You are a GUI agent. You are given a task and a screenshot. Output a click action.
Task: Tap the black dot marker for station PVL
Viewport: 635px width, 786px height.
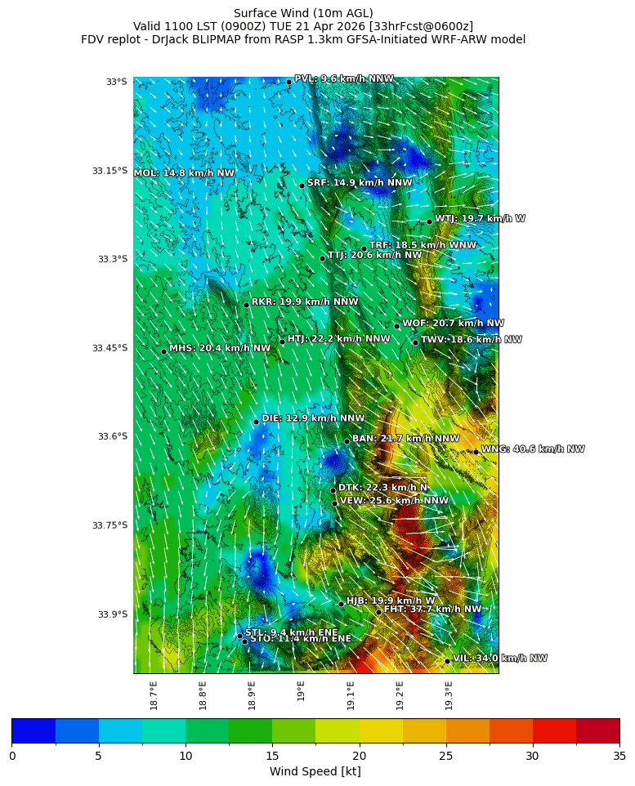(x=288, y=82)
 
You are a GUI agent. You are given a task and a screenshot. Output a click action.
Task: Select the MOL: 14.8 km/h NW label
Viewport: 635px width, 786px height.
(x=184, y=173)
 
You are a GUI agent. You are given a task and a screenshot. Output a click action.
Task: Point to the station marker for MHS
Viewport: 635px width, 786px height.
(x=163, y=351)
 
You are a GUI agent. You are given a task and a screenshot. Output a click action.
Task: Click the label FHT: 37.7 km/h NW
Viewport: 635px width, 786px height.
(x=432, y=610)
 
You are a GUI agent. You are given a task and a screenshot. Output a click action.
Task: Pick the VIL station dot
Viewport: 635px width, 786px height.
(x=447, y=661)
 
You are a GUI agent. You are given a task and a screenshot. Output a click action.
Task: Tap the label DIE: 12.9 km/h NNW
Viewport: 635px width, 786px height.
(x=313, y=418)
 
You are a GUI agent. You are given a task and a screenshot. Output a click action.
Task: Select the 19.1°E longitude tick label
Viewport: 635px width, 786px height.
(x=351, y=695)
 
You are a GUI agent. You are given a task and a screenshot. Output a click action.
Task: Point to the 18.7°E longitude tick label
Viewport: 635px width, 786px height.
(x=154, y=695)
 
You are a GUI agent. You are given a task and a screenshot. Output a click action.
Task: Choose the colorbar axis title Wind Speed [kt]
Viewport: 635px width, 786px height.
(x=315, y=772)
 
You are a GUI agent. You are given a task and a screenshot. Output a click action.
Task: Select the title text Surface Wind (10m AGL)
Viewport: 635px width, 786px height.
(x=303, y=13)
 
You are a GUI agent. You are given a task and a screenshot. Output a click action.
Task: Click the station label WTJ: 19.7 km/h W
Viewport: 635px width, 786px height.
(x=480, y=219)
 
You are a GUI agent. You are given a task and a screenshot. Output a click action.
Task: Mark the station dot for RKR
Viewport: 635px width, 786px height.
(x=246, y=305)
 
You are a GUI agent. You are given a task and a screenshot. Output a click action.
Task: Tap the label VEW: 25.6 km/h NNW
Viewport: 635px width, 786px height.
(x=394, y=501)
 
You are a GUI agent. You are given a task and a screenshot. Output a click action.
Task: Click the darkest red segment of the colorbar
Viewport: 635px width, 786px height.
(x=597, y=730)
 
